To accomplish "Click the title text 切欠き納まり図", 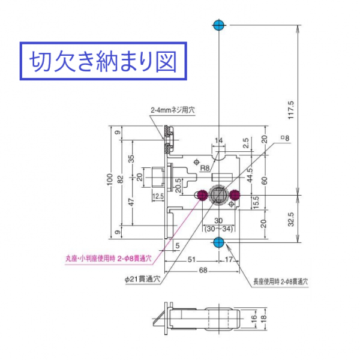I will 100,61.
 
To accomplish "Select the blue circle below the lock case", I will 218,242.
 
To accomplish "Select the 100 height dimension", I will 110,181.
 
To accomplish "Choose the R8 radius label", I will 204,169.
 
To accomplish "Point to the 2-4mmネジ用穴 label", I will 173,110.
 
